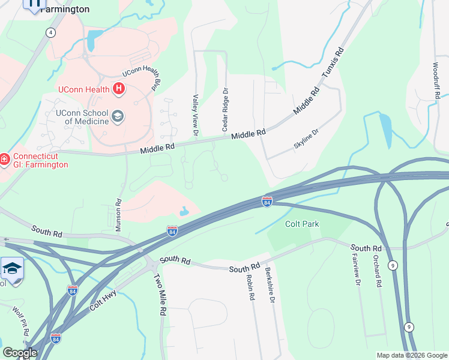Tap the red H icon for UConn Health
click(x=119, y=89)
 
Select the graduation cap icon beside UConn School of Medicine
click(x=118, y=116)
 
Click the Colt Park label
click(x=302, y=224)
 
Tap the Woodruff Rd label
click(x=436, y=80)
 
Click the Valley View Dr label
click(x=195, y=114)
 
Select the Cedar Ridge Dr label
click(x=226, y=110)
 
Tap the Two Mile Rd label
click(x=160, y=295)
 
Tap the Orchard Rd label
click(x=378, y=271)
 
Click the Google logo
click(x=19, y=353)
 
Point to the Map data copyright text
click(x=411, y=355)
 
